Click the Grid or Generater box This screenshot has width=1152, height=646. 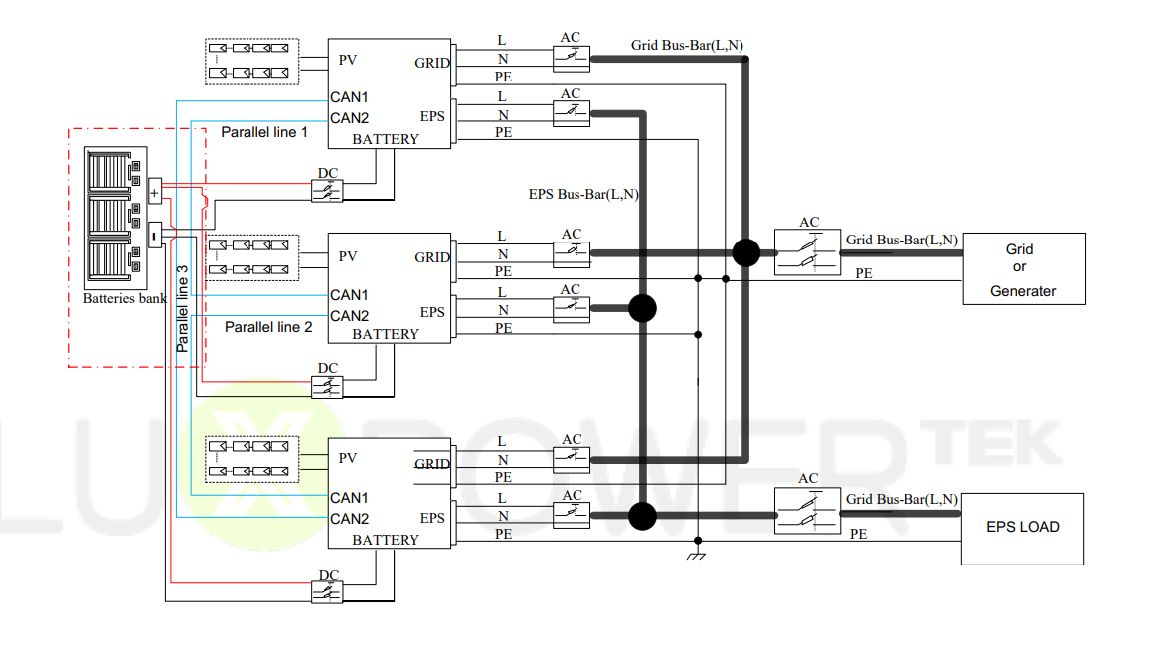point(1023,268)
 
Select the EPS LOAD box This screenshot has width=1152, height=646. point(1022,528)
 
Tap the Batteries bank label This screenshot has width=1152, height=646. point(124,298)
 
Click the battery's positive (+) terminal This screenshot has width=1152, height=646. point(154,193)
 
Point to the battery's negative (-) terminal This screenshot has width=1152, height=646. point(154,236)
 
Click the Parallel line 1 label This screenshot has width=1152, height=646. point(264,132)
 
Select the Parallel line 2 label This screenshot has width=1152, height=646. point(268,327)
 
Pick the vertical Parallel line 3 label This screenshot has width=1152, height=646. point(182,308)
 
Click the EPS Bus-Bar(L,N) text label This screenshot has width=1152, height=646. point(583,195)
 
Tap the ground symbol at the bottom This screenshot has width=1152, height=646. point(697,555)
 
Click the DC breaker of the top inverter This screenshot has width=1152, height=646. point(327,191)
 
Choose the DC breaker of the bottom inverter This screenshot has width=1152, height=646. point(327,592)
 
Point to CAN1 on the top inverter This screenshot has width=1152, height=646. point(349,97)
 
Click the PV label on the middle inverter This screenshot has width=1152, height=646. point(347,256)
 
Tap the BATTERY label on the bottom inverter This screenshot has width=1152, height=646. point(386,540)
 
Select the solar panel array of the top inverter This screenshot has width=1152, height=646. point(251,61)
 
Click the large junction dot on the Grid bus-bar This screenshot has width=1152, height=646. point(745,252)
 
